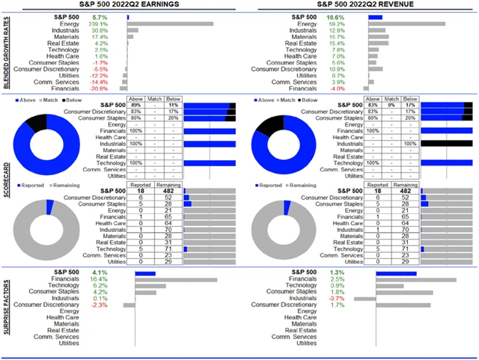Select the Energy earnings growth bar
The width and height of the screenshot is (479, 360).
[171, 23]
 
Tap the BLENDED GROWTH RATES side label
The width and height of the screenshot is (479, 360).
[6, 50]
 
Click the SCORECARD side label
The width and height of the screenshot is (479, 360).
[6, 180]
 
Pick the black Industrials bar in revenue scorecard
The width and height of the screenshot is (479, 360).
[446, 143]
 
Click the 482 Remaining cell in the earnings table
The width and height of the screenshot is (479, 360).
[171, 191]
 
